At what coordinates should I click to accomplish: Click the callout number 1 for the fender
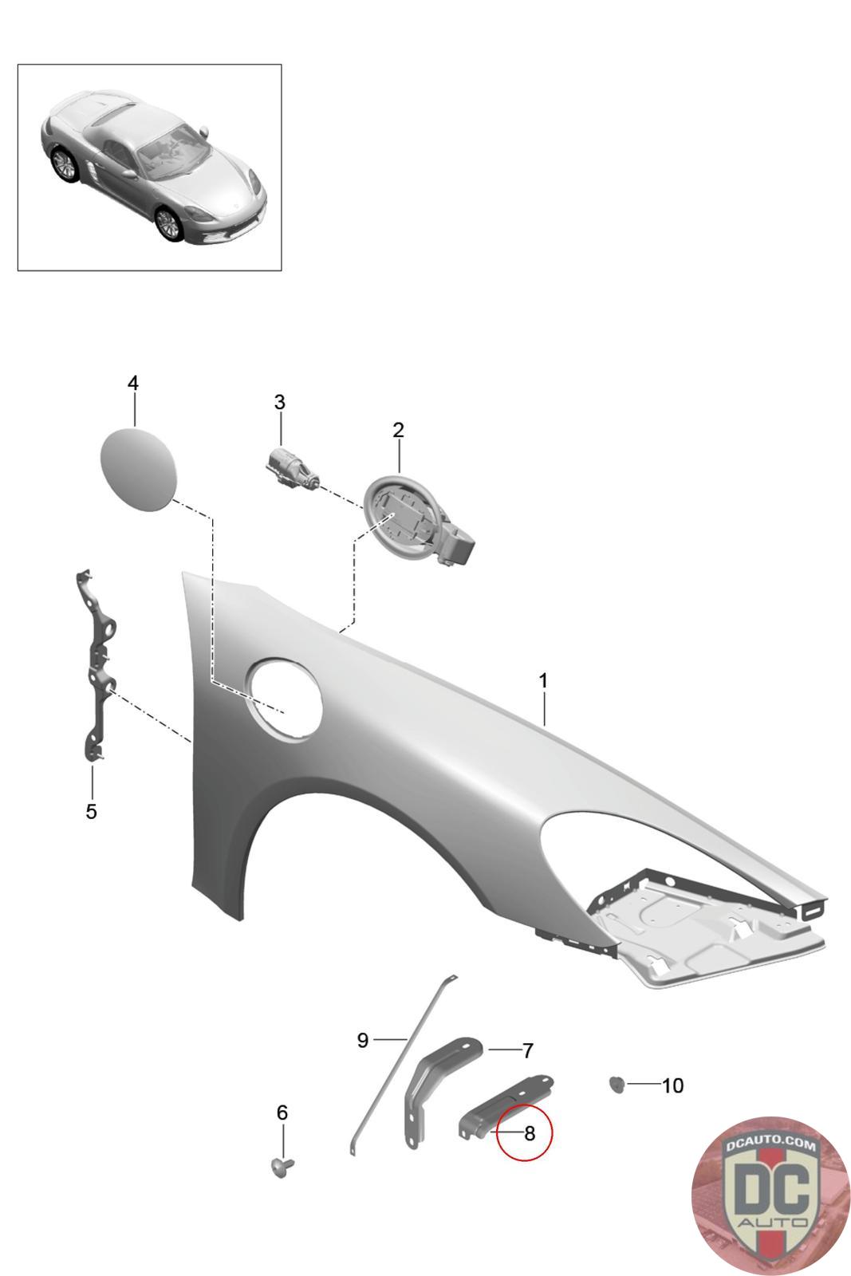click(542, 681)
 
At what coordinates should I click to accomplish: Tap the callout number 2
click(398, 431)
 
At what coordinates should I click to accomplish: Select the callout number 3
click(279, 403)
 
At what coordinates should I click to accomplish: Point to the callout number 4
click(133, 384)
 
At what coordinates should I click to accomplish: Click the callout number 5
click(91, 812)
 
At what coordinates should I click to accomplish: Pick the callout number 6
click(282, 1113)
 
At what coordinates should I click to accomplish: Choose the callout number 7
click(527, 1051)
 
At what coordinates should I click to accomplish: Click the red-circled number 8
click(529, 1132)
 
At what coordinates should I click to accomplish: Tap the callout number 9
click(363, 1040)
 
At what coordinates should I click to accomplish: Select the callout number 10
click(672, 1085)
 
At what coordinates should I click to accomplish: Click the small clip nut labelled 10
click(616, 1085)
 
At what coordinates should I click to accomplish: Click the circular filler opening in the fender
click(285, 695)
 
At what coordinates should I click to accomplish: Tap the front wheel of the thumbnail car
click(168, 223)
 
